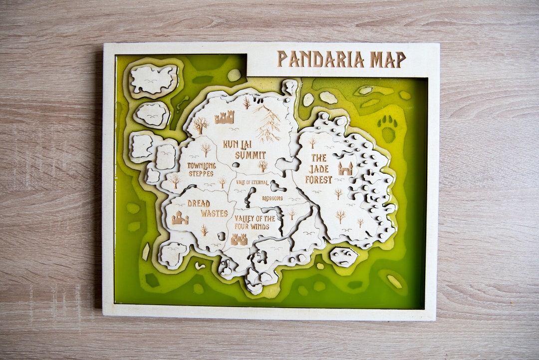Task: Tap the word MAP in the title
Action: [x=387, y=59]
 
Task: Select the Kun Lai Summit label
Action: [x=244, y=149]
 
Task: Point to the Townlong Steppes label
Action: [x=202, y=169]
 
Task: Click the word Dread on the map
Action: [x=199, y=203]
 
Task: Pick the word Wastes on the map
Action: [x=214, y=213]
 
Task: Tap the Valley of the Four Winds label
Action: [x=254, y=223]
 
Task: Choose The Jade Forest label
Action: [x=319, y=169]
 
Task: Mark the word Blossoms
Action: [x=272, y=198]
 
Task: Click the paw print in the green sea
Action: [x=388, y=128]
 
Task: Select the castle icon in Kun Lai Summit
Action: [x=225, y=118]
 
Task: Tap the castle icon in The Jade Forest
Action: [x=345, y=168]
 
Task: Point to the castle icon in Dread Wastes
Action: [x=180, y=218]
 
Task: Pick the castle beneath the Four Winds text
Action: [x=239, y=240]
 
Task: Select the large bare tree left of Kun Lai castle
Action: [x=200, y=124]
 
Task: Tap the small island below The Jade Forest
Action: [x=343, y=257]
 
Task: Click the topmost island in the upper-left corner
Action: [x=154, y=79]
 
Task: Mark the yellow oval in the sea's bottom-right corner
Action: [x=394, y=281]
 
